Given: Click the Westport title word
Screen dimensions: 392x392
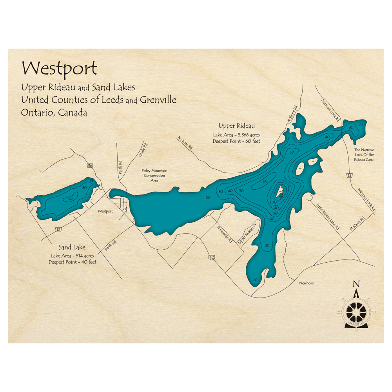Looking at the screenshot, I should pyautogui.click(x=59, y=69).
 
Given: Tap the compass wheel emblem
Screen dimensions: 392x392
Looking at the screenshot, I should pyautogui.click(x=356, y=312).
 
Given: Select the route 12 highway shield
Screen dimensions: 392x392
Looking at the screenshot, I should pyautogui.click(x=58, y=229).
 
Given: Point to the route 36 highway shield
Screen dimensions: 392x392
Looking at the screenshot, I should pyautogui.click(x=90, y=166).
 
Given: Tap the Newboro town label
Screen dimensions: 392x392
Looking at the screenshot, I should pyautogui.click(x=306, y=283).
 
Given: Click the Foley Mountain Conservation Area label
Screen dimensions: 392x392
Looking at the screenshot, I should pyautogui.click(x=154, y=176).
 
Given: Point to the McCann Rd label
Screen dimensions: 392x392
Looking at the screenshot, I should pyautogui.click(x=358, y=224).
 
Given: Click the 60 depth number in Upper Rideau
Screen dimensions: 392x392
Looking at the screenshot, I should pyautogui.click(x=265, y=181).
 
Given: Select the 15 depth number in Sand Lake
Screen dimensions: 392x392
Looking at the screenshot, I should pyautogui.click(x=92, y=181).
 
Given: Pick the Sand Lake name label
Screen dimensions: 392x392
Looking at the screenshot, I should pyautogui.click(x=72, y=247).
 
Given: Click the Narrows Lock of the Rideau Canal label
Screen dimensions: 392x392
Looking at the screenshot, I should pyautogui.click(x=364, y=155).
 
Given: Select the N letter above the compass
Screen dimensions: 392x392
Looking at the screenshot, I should pyautogui.click(x=356, y=284).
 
